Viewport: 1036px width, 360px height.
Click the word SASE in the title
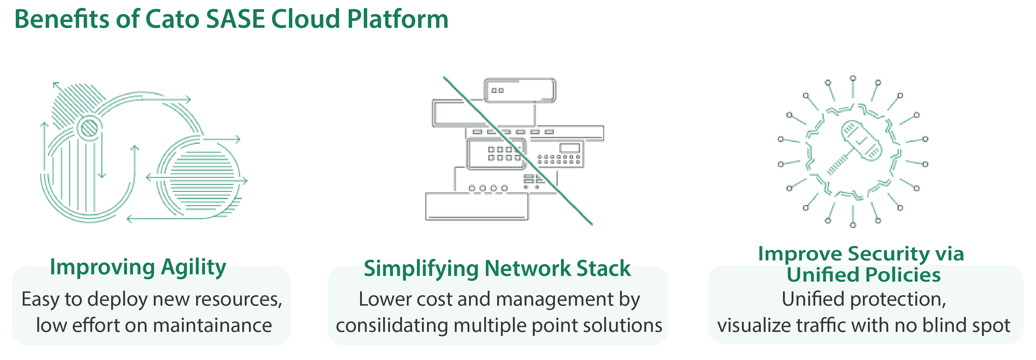[235, 19]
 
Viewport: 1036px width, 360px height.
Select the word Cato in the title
[172, 19]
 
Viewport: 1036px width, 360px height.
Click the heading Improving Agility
[138, 267]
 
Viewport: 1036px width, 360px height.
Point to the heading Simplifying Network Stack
[497, 269]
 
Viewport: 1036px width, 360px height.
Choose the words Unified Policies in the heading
[864, 275]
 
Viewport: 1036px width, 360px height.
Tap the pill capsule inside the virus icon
[861, 140]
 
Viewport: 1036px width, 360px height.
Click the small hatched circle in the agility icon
[89, 128]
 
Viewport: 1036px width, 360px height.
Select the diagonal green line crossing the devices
[518, 151]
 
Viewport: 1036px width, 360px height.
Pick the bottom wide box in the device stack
[477, 206]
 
